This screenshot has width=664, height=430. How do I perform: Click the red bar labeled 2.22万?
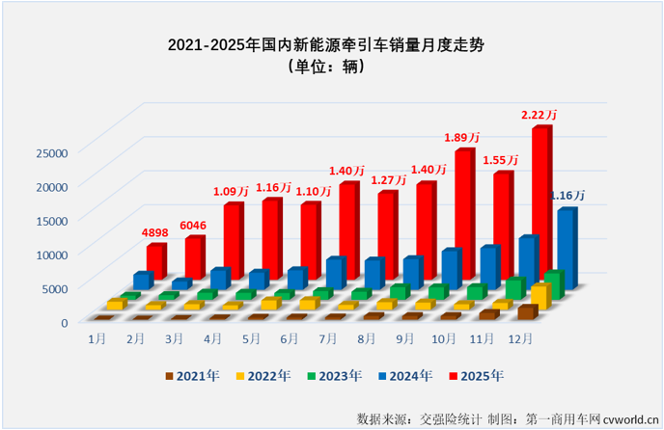click(x=540, y=202)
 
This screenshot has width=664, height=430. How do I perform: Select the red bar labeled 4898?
click(x=155, y=260)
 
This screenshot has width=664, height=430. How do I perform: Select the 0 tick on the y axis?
click(x=64, y=322)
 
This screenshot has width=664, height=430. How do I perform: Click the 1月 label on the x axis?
click(x=97, y=339)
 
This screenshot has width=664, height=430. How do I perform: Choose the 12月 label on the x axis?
click(x=516, y=339)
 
